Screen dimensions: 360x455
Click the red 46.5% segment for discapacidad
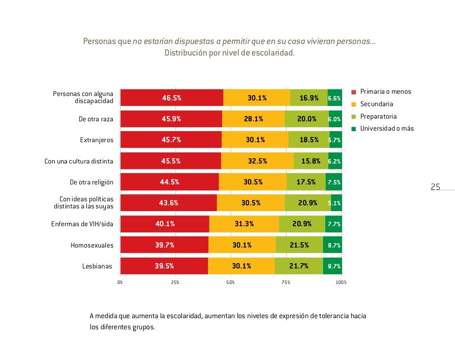pyautogui.click(x=172, y=98)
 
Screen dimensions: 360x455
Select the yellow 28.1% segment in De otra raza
pyautogui.click(x=253, y=119)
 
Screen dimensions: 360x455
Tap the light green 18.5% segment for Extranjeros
pyautogui.click(x=309, y=140)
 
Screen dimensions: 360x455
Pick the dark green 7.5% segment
pyautogui.click(x=334, y=182)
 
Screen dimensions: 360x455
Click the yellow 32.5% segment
pyautogui.click(x=257, y=161)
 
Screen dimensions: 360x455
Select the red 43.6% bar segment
pyautogui.click(x=168, y=203)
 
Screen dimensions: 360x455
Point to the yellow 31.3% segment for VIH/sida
pyautogui.click(x=244, y=224)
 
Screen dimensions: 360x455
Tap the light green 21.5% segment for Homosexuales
pyautogui.click(x=299, y=245)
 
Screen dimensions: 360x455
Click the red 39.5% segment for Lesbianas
pyautogui.click(x=164, y=266)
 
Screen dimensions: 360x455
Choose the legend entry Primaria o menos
pyautogui.click(x=385, y=92)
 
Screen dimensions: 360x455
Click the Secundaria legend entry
pyautogui.click(x=376, y=104)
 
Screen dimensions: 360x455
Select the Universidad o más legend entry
pyautogui.click(x=387, y=128)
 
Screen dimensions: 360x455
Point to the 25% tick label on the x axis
pyautogui.click(x=175, y=282)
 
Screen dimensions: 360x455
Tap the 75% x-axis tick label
pyautogui.click(x=286, y=282)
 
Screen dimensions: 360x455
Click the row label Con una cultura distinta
pyautogui.click(x=79, y=161)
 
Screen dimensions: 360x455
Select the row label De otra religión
pyautogui.click(x=92, y=182)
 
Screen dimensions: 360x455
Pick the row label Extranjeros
pyautogui.click(x=96, y=140)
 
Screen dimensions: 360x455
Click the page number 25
pyautogui.click(x=435, y=187)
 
